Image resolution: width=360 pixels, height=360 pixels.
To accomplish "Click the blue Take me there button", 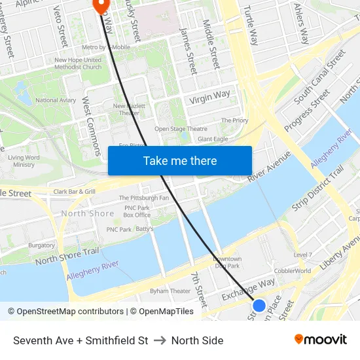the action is click(x=180, y=160).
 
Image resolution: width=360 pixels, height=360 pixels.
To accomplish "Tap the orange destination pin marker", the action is click(x=101, y=5).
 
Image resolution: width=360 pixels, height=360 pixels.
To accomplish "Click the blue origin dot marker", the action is click(x=259, y=306).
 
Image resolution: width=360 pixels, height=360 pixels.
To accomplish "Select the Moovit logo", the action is click(x=321, y=340).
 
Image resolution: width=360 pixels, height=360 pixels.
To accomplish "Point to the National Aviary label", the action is click(x=56, y=100).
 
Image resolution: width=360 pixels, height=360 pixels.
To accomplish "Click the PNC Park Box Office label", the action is click(x=137, y=211).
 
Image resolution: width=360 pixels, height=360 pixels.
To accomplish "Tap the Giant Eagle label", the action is click(x=213, y=139).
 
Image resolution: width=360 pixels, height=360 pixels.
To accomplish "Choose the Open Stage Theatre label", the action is click(x=181, y=129).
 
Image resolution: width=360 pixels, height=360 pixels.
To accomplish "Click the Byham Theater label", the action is click(x=170, y=291).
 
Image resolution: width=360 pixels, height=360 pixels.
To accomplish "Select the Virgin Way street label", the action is click(x=210, y=98).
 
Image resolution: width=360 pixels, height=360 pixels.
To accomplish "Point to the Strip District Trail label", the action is click(x=317, y=188).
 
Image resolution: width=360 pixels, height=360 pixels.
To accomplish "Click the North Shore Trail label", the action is click(x=67, y=256).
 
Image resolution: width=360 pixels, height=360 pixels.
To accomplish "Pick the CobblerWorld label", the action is click(x=293, y=270).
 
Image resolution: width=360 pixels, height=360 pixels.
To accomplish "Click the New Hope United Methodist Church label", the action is click(x=78, y=63).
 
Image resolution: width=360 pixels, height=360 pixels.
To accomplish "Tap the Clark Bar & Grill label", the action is click(x=75, y=192).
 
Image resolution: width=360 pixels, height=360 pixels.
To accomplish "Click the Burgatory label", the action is click(x=42, y=245).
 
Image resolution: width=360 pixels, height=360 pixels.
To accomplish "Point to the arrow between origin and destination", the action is click(x=160, y=340).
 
